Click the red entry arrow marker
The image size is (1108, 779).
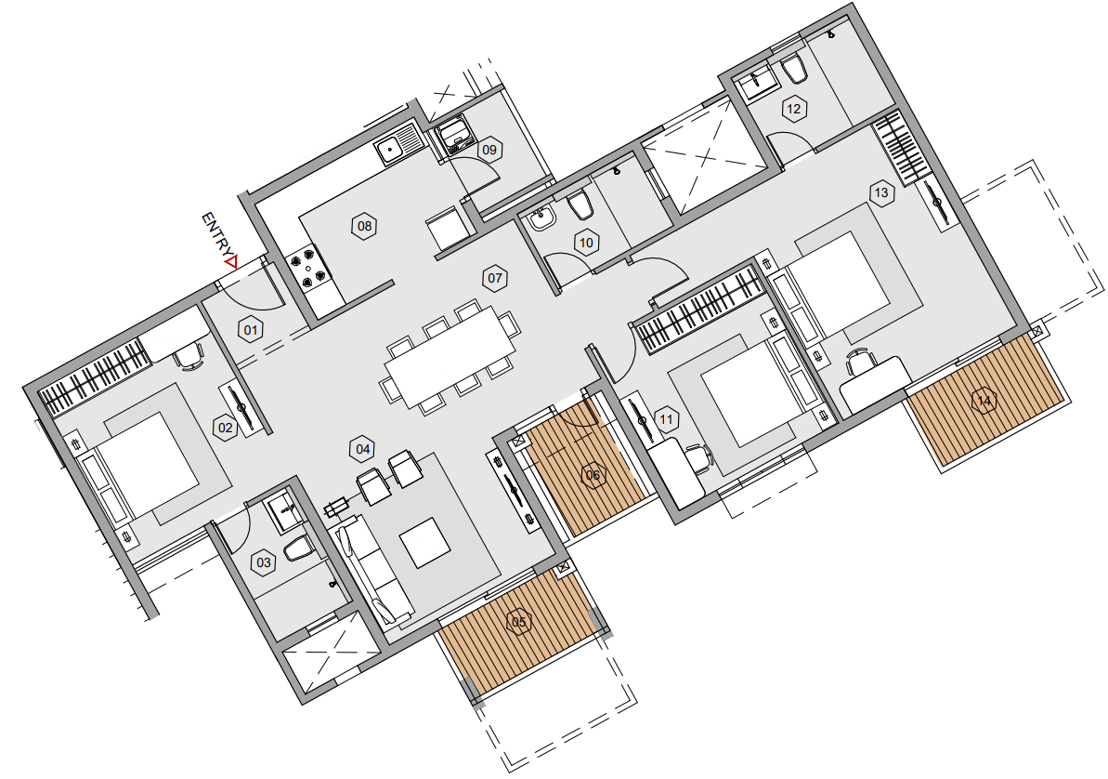click(229, 263)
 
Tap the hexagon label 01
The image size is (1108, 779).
click(249, 328)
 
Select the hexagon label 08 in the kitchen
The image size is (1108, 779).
click(364, 226)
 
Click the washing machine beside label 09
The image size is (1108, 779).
click(456, 137)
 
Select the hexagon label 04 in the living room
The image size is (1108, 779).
click(363, 449)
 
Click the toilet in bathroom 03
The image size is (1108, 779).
click(298, 548)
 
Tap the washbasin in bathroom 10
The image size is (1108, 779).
click(541, 219)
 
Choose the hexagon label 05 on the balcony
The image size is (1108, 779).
click(518, 622)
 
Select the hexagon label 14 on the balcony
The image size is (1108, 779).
click(983, 401)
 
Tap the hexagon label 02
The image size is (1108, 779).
click(224, 428)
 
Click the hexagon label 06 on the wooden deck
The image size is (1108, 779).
click(593, 476)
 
